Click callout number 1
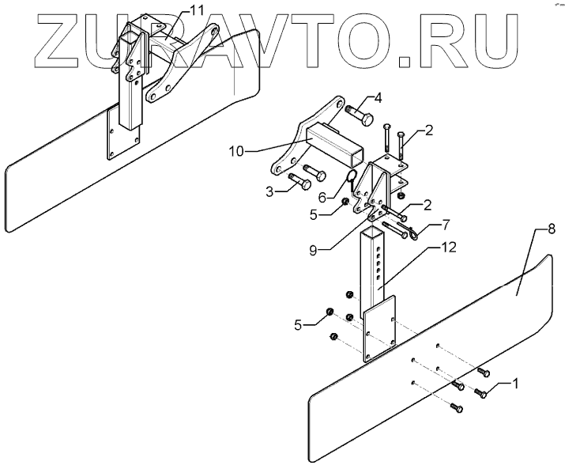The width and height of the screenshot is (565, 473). pos(514,385)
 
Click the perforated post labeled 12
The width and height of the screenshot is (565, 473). pos(375,269)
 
